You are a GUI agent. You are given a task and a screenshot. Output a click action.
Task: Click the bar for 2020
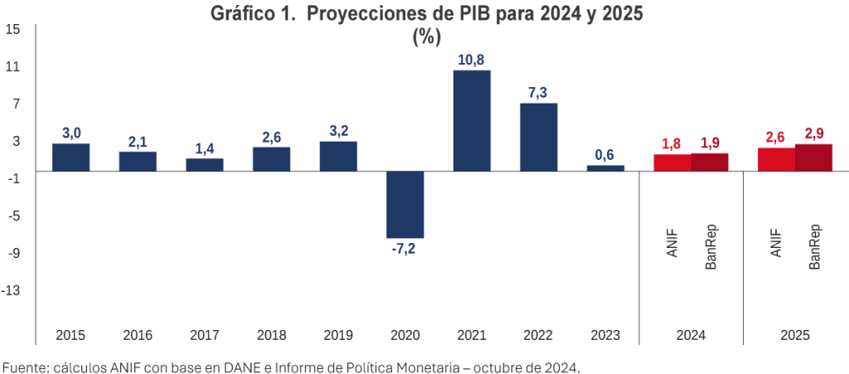405,204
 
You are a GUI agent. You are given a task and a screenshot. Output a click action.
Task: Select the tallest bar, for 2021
472,121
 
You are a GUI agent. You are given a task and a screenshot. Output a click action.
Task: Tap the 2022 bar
538,137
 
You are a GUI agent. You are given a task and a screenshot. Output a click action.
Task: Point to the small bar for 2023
605,168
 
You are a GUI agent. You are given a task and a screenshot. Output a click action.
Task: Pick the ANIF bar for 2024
672,163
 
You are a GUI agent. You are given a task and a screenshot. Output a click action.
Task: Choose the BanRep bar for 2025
813,158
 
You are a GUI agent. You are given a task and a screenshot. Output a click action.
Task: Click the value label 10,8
472,60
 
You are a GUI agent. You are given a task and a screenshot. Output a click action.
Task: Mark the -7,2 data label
405,249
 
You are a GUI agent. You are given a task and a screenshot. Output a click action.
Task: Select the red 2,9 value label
813,134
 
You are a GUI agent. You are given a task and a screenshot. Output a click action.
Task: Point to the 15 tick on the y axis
13,29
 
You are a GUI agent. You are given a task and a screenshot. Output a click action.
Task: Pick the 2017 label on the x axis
204,336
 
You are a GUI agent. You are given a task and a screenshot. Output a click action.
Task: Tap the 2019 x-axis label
338,336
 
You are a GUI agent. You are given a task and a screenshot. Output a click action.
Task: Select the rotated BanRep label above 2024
711,247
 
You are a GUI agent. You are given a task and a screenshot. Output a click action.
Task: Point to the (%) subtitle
426,36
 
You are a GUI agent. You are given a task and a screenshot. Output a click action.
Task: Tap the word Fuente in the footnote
26,366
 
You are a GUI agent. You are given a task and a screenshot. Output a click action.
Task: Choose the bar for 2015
70,158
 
